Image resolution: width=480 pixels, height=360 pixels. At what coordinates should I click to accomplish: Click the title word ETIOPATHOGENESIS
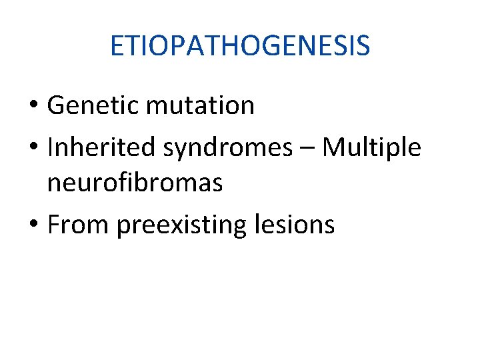point(240,46)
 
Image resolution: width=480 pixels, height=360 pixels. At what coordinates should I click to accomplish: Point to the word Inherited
point(101,148)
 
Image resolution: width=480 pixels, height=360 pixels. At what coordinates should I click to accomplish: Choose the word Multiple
point(371,148)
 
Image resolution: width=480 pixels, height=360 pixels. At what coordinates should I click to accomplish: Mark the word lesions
point(295,225)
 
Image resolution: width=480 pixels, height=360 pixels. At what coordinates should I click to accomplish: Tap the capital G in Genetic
point(56,105)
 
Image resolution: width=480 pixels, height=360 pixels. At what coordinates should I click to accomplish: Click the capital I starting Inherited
point(51,148)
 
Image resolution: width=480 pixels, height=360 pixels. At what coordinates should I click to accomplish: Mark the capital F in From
point(54,225)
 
